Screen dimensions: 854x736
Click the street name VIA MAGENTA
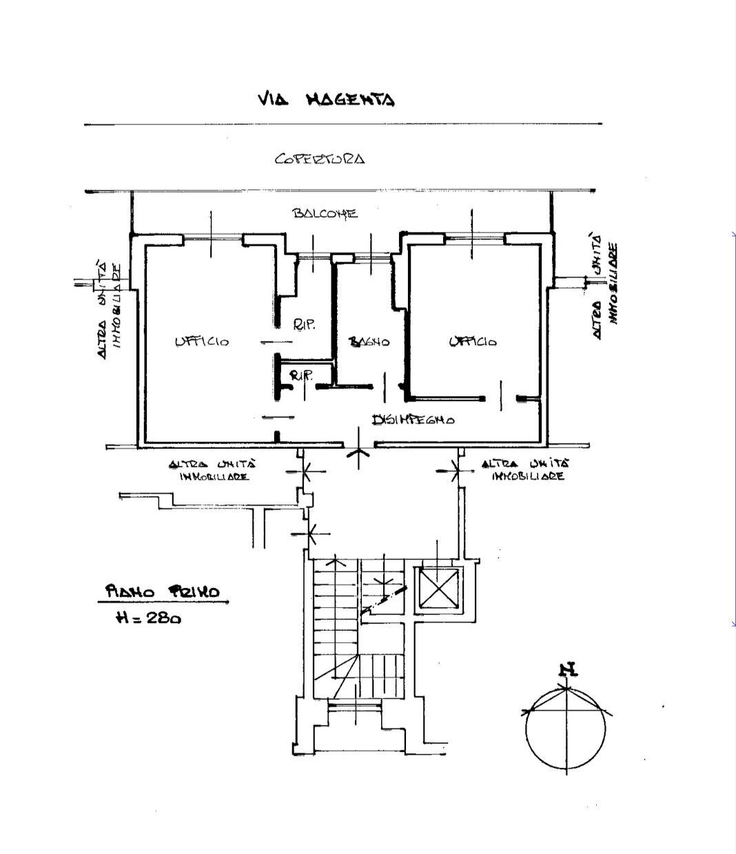pyautogui.click(x=325, y=100)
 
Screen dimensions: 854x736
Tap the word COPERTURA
pyautogui.click(x=319, y=159)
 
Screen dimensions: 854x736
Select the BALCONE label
pyautogui.click(x=325, y=213)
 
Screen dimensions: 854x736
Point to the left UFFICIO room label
pyautogui.click(x=201, y=341)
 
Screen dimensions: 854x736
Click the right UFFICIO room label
pyautogui.click(x=472, y=341)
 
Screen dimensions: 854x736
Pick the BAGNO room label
pyautogui.click(x=369, y=341)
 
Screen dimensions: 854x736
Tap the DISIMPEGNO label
pyautogui.click(x=413, y=419)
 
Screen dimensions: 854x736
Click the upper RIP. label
pyautogui.click(x=304, y=325)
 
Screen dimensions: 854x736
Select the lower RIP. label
pyautogui.click(x=301, y=376)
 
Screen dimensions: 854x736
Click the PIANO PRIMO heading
pyautogui.click(x=163, y=591)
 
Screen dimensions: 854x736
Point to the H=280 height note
pyautogui.click(x=149, y=618)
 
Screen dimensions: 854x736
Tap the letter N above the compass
pyautogui.click(x=567, y=669)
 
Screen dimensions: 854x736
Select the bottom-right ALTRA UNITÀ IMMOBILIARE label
pyautogui.click(x=527, y=470)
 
